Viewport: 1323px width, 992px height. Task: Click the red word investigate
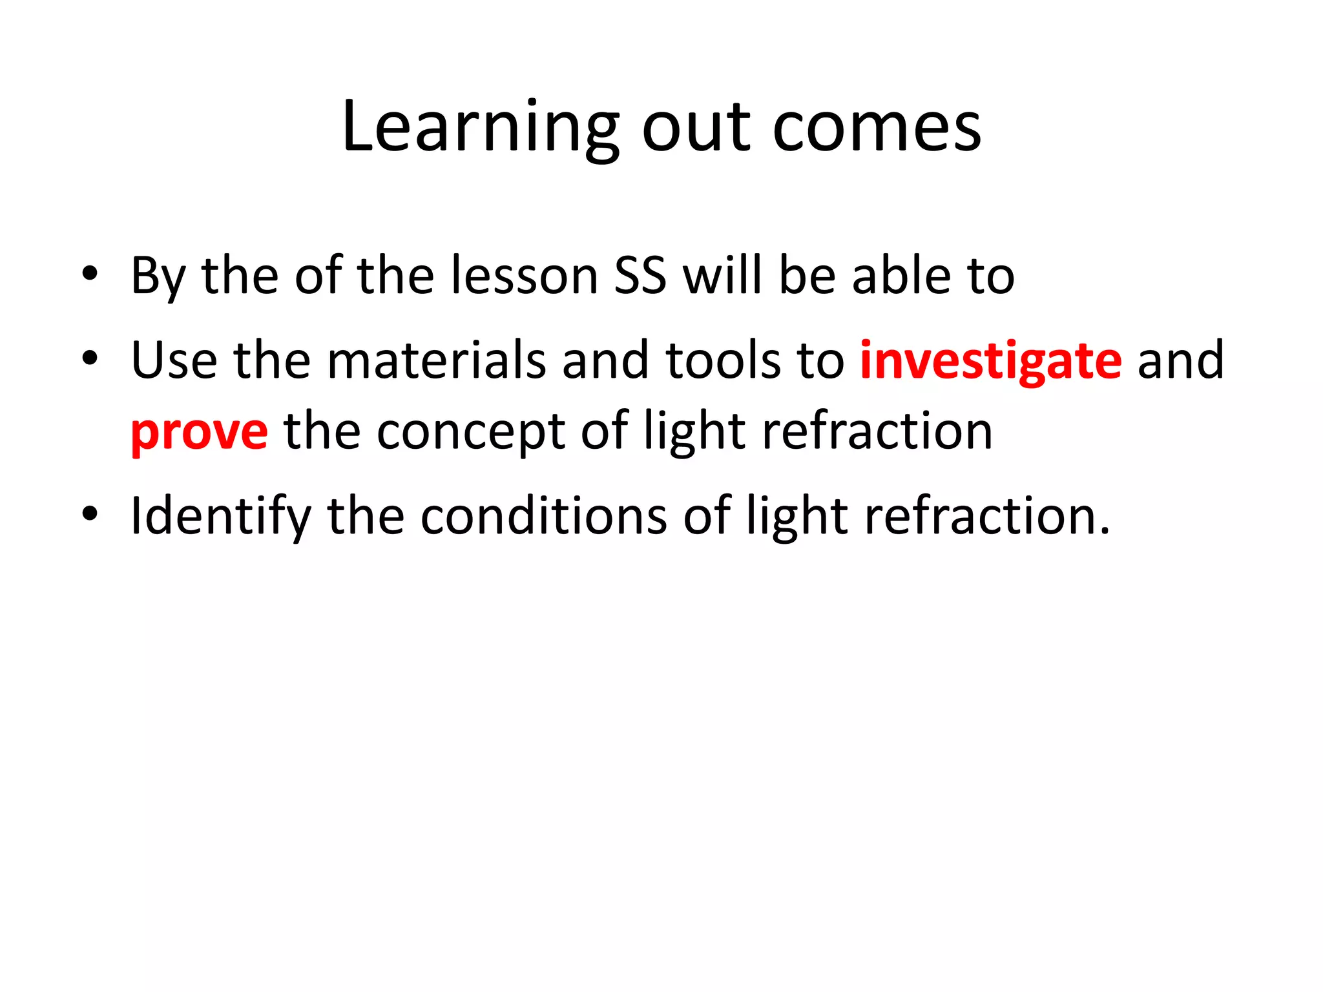pos(991,360)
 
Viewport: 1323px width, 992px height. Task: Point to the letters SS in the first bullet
pos(640,276)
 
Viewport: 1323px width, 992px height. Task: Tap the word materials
pos(437,360)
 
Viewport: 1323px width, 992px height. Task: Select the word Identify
pos(220,517)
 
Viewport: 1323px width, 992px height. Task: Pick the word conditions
pos(543,517)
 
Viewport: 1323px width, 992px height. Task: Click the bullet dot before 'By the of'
pos(90,274)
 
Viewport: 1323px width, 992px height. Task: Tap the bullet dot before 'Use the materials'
pos(90,358)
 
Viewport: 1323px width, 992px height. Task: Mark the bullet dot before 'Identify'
pos(90,514)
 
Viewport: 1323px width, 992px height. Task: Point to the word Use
pos(174,360)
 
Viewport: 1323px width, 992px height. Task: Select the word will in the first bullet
pos(722,276)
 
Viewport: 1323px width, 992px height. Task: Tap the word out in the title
pos(696,129)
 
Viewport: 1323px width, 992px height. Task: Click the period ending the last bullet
pos(1103,531)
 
